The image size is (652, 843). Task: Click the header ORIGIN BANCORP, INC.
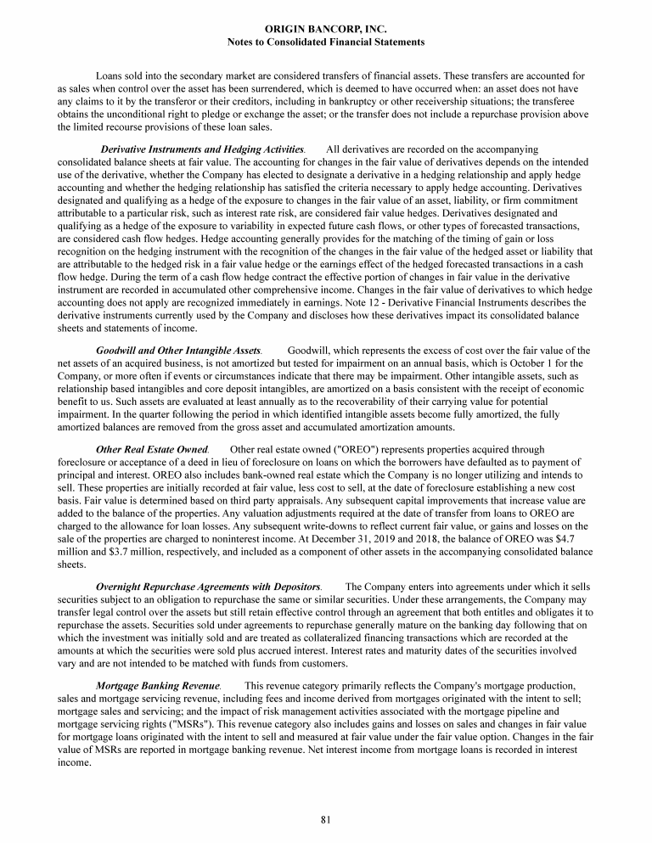326,29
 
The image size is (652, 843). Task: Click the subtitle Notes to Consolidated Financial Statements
326,42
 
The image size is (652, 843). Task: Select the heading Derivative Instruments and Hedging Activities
202,150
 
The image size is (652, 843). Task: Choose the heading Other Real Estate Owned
151,449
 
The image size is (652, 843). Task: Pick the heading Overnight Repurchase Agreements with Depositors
208,587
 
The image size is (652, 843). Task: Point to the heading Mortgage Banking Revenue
158,685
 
